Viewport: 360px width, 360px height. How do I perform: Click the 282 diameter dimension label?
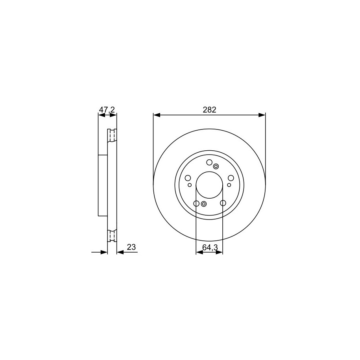click(x=209, y=110)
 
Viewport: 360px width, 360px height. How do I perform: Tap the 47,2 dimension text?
click(x=107, y=110)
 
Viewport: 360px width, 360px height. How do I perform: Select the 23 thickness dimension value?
click(x=131, y=247)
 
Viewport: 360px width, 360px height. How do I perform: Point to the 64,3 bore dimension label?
click(x=210, y=247)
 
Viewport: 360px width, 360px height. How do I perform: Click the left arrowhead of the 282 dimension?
click(x=157, y=115)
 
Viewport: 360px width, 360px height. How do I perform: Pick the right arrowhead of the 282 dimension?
click(x=262, y=115)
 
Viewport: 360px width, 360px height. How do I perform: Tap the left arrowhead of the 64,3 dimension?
click(x=199, y=252)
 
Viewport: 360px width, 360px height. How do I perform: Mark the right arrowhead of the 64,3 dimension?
click(x=219, y=252)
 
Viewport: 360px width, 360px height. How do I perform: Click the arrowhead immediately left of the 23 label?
click(x=120, y=252)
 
